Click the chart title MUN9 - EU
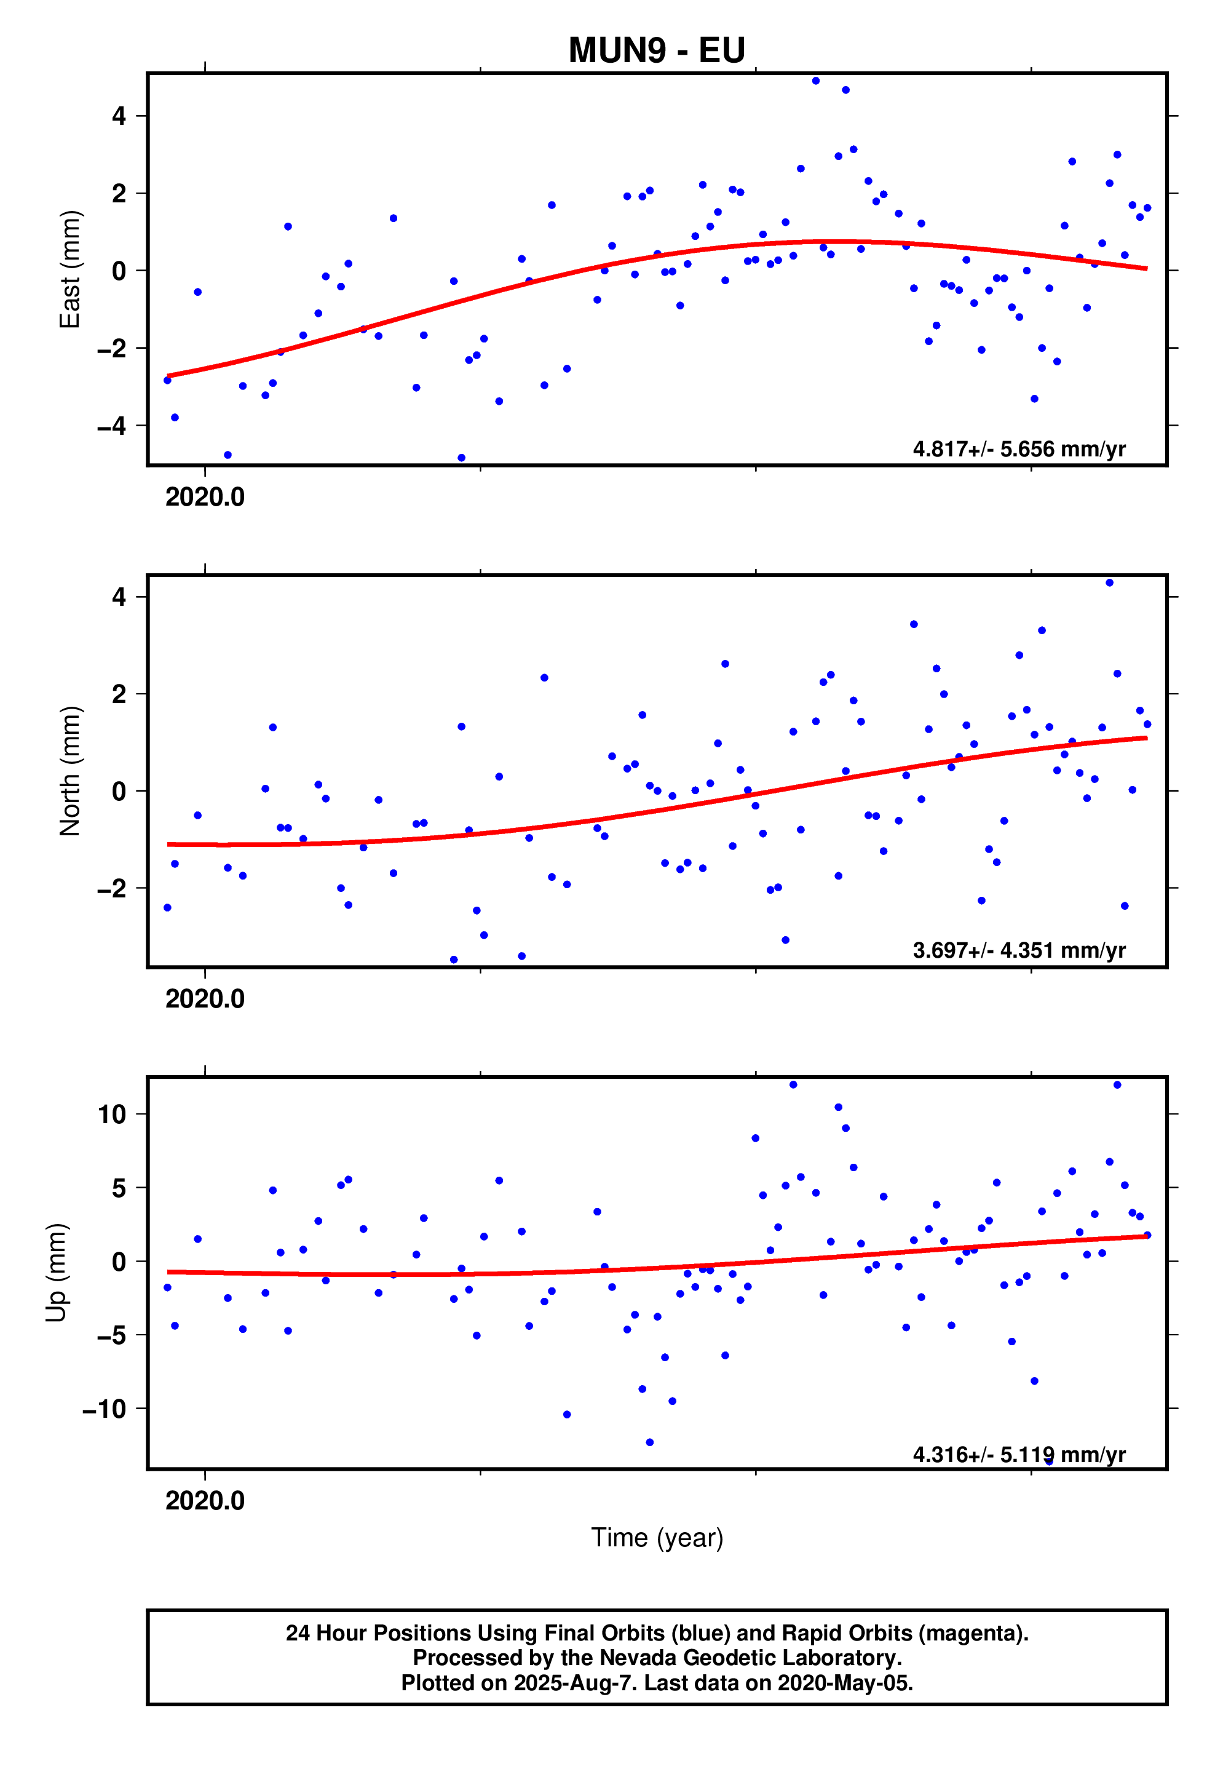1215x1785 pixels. [x=656, y=50]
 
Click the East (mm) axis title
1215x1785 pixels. [x=70, y=269]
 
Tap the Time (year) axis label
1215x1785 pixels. [x=657, y=1538]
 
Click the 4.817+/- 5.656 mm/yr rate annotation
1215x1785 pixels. [x=1018, y=448]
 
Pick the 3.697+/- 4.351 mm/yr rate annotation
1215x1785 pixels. [x=1018, y=950]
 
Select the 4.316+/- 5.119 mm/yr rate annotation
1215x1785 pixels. [x=1018, y=1454]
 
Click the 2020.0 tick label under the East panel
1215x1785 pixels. [x=204, y=497]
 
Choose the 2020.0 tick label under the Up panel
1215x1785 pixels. [x=204, y=1500]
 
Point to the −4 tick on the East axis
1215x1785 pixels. [x=111, y=426]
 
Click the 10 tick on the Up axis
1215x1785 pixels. [x=111, y=1115]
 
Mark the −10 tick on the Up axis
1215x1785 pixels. [x=104, y=1409]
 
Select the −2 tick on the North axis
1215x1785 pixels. [x=111, y=888]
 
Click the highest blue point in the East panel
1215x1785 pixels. [x=815, y=81]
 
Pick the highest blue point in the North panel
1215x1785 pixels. [x=1109, y=583]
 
